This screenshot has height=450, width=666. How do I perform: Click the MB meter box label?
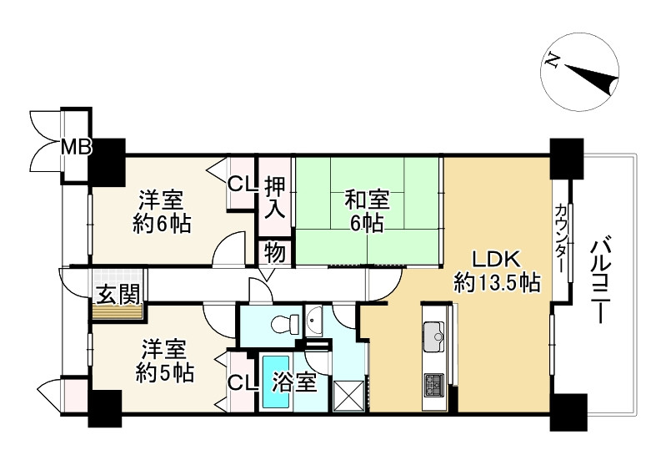(77, 147)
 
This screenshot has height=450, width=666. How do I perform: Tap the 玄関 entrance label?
(118, 295)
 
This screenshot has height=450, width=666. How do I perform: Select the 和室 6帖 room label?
(367, 211)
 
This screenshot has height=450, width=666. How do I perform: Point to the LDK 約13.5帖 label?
(497, 271)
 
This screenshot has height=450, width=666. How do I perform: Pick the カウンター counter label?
(561, 238)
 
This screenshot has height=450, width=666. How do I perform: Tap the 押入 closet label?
(275, 198)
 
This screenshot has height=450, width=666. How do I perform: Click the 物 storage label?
(275, 254)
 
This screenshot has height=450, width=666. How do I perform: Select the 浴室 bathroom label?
(294, 382)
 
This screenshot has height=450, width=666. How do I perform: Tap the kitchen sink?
(433, 336)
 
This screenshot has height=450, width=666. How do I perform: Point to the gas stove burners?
(433, 386)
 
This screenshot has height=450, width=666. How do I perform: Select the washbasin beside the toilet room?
(313, 321)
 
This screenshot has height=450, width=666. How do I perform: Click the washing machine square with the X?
(348, 396)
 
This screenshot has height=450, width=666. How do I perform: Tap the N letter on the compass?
(551, 60)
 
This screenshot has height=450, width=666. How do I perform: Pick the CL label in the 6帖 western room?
(242, 185)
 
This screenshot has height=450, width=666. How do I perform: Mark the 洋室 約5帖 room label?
(164, 362)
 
